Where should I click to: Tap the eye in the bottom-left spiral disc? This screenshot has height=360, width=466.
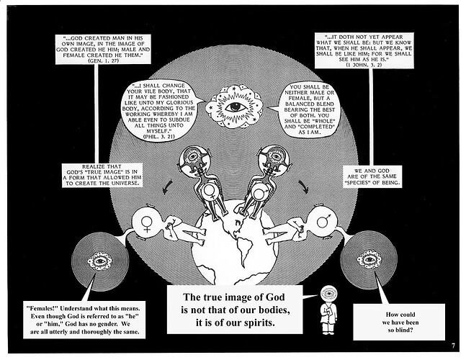coord(99,260)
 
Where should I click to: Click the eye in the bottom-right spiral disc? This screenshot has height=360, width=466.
coord(370,258)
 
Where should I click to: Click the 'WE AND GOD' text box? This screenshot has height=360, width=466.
coord(372,174)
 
